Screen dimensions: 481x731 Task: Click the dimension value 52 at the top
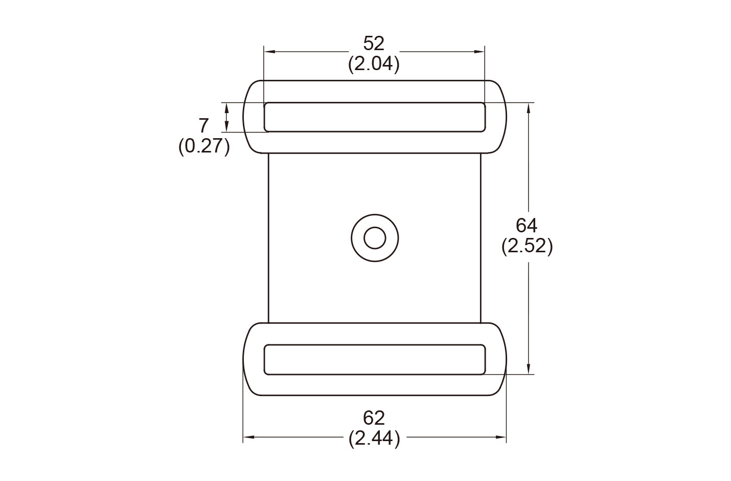[x=373, y=43]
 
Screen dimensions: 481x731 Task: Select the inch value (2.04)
[x=374, y=64]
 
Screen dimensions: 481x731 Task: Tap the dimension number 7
[x=203, y=125]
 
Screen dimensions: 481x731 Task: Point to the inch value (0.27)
[x=204, y=147]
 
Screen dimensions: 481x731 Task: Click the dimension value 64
[x=527, y=225]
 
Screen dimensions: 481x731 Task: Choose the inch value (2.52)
[x=527, y=247]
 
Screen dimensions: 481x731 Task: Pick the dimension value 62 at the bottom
[x=374, y=418]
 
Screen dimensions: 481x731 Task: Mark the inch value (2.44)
[x=374, y=439]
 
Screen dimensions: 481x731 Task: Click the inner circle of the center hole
[x=375, y=238]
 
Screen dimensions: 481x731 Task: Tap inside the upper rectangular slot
[x=374, y=117]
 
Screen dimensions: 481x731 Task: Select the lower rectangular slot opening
[x=374, y=360]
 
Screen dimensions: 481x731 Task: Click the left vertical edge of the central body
[x=268, y=238]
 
